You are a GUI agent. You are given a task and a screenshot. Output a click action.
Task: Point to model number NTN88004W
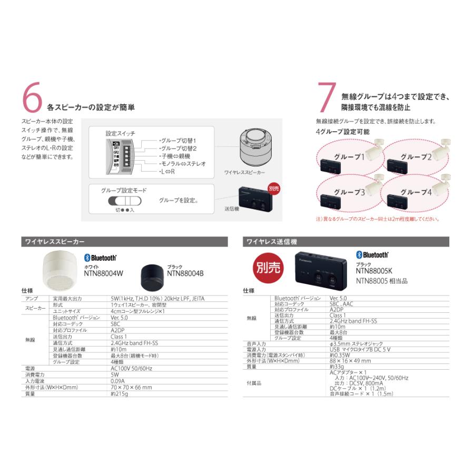click(x=103, y=273)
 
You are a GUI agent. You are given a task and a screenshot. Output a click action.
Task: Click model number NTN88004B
click(x=185, y=273)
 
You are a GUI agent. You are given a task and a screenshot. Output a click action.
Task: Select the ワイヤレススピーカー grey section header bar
click(x=125, y=242)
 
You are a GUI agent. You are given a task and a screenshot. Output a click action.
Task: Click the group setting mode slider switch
click(x=125, y=202)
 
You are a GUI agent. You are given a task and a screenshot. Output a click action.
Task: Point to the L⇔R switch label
click(x=169, y=172)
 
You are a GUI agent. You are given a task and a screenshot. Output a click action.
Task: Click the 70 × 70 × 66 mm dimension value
click(x=132, y=387)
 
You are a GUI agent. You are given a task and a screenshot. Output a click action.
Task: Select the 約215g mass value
click(x=119, y=393)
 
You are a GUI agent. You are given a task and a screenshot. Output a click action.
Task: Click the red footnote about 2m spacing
click(x=377, y=219)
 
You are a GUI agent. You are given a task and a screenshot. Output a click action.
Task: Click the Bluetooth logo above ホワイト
click(x=100, y=259)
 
